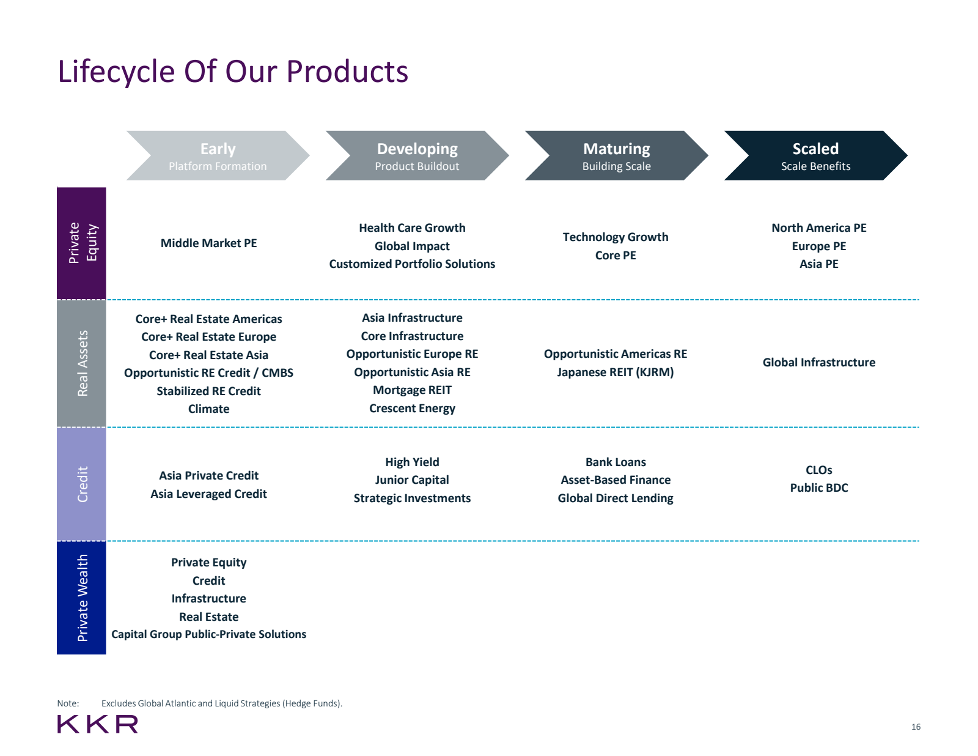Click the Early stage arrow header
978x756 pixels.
pos(218,155)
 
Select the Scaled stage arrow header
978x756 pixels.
pos(815,155)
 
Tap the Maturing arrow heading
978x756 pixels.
pos(616,155)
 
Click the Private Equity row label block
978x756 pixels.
pos(81,243)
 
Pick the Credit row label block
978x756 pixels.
pos(81,484)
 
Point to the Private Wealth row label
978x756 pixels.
pos(81,598)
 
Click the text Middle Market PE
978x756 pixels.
pos(208,243)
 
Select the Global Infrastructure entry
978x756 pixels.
pos(818,363)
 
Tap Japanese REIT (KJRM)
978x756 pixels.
pos(615,372)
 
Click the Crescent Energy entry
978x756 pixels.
pos(412,409)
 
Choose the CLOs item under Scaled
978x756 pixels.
pos(818,470)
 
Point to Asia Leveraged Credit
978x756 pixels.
pos(208,494)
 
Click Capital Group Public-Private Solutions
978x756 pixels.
pos(208,634)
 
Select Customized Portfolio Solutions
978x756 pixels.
pos(412,264)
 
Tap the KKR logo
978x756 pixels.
pos(98,724)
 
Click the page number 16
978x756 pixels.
pos(915,727)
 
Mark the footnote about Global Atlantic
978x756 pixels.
pos(221,703)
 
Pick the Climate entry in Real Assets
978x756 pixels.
pos(208,409)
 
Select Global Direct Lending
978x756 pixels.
pos(615,498)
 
